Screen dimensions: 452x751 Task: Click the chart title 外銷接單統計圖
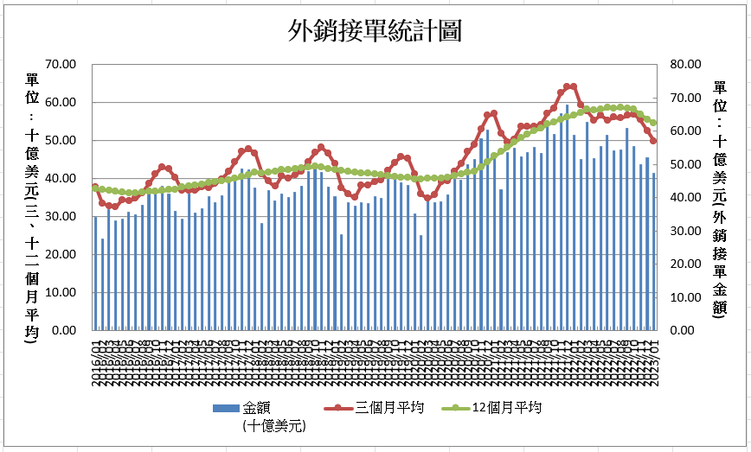[x=375, y=32]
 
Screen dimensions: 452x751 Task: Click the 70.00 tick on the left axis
[x=60, y=64]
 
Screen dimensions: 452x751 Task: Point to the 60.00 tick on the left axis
[x=60, y=102]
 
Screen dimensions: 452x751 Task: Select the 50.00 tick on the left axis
[x=60, y=140]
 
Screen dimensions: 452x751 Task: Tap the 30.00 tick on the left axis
[x=60, y=216]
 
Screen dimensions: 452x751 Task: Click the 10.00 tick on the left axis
[x=60, y=292]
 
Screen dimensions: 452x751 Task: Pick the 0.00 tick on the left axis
[x=63, y=330]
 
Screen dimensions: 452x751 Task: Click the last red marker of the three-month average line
[x=654, y=141]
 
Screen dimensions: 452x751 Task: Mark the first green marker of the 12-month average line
[x=95, y=188]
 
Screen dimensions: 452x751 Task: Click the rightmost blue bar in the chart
[x=654, y=251]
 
